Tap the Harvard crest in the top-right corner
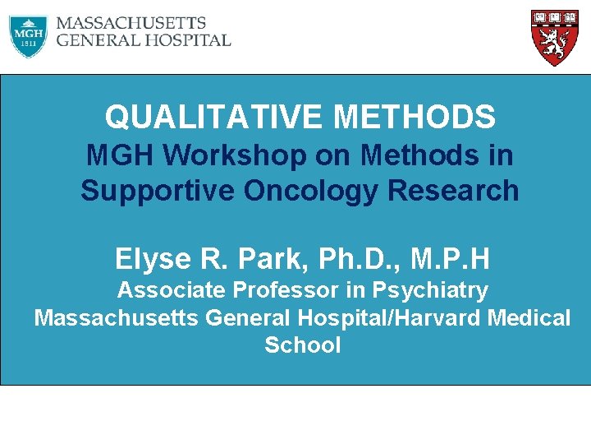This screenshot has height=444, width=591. [x=550, y=37]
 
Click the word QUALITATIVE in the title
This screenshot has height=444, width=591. [x=214, y=118]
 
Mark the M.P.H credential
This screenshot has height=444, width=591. [x=451, y=259]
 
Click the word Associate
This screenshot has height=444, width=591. [x=173, y=290]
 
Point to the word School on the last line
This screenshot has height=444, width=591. [x=302, y=345]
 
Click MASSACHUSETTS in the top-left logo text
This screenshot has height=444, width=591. [x=131, y=23]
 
